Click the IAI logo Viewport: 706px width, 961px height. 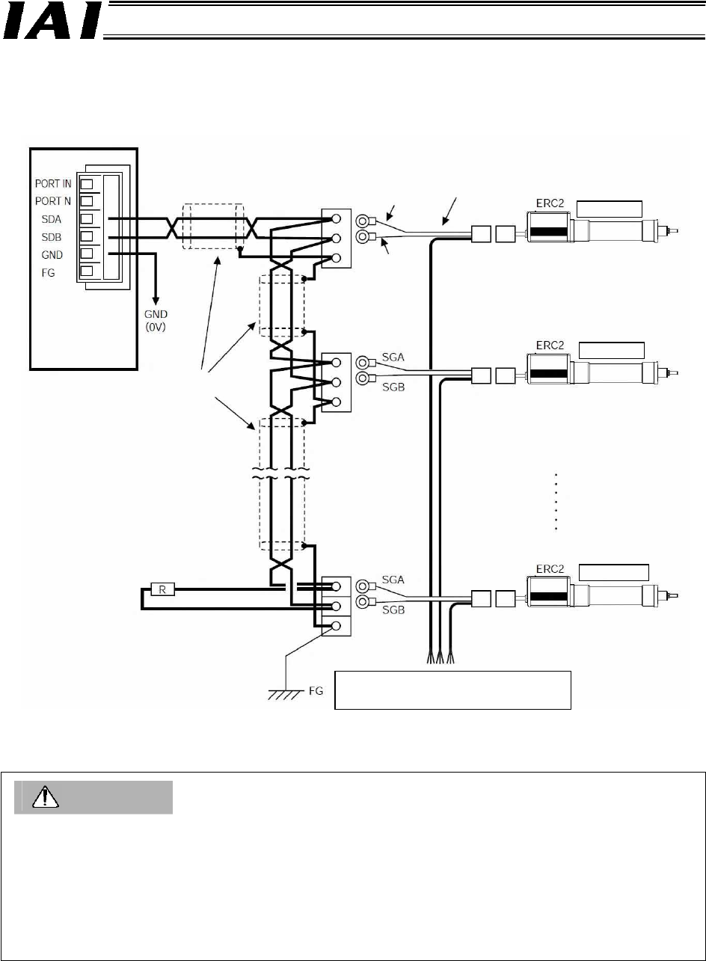52,21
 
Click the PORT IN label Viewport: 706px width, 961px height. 53,184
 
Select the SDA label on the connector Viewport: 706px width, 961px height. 51,219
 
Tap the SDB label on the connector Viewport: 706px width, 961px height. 51,237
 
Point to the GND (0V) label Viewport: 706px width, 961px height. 156,321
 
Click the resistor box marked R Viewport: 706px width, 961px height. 162,589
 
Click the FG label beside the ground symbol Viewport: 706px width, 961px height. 316,691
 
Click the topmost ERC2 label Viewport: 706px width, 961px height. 550,203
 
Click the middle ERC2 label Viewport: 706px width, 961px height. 550,346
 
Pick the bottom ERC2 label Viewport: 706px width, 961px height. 550,569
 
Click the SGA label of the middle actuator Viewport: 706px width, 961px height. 393,357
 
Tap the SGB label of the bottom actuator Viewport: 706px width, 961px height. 393,610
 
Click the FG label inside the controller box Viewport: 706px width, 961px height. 48,273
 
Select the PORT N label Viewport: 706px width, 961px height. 53,201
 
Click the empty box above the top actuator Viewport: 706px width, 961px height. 609,209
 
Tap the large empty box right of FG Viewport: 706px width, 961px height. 452,690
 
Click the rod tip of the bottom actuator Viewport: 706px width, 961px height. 674,595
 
